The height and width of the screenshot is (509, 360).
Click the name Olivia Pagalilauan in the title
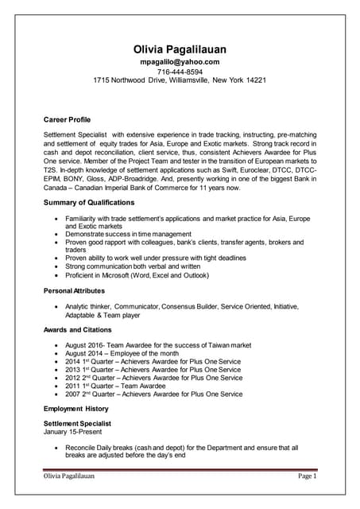[x=180, y=49]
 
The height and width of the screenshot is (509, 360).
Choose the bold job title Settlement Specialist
[x=77, y=423]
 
